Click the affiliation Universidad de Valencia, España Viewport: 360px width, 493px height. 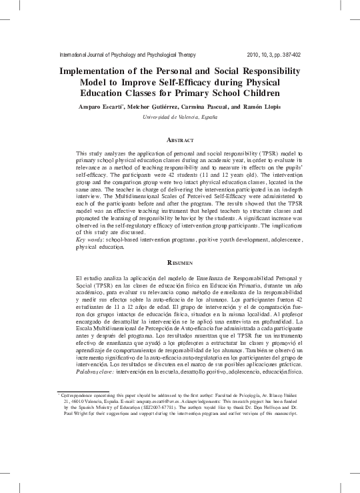pos(180,117)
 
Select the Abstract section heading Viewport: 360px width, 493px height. pos(180,141)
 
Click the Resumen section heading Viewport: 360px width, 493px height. pos(180,264)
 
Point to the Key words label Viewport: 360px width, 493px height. pos(93,237)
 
